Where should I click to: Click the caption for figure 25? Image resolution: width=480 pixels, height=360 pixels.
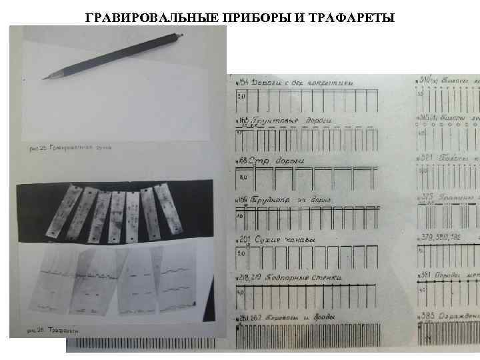(x=66, y=147)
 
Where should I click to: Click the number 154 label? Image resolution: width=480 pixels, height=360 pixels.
(x=241, y=82)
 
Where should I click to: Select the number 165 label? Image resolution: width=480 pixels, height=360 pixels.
(x=241, y=121)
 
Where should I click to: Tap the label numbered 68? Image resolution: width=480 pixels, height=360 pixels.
(x=241, y=161)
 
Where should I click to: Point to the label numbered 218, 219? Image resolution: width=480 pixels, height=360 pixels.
(x=247, y=277)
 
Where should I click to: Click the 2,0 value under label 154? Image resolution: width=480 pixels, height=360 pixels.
(x=242, y=97)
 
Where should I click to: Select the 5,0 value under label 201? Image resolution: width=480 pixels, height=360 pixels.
(x=241, y=255)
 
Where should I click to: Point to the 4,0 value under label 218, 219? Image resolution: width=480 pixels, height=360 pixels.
(x=241, y=292)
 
